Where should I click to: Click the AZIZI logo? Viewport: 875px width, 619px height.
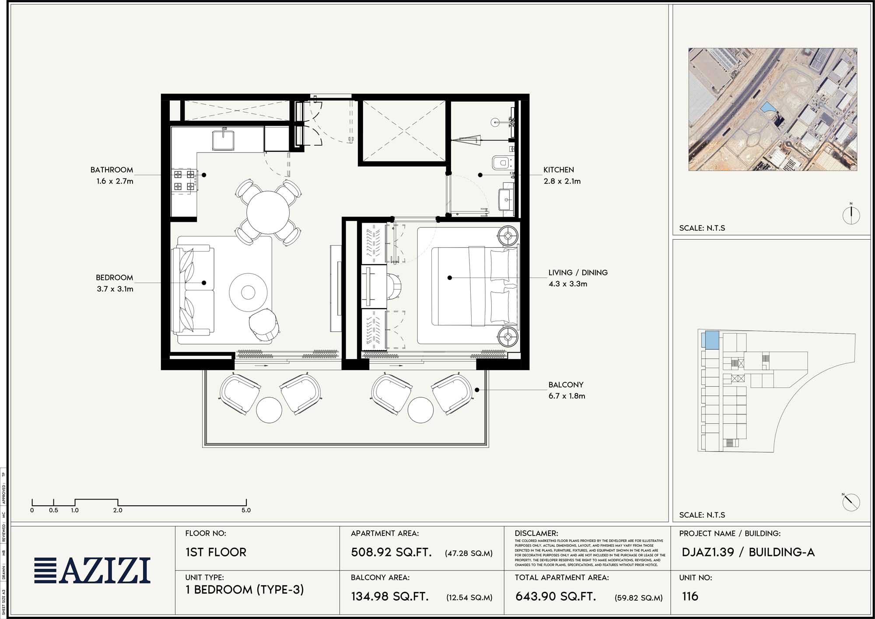coord(92,570)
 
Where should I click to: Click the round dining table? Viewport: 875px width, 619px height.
coord(268,213)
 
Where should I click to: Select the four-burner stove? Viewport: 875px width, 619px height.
coord(184,180)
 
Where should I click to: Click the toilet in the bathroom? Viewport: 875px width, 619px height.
coord(501,163)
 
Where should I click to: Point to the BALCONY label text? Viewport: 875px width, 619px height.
coord(566,385)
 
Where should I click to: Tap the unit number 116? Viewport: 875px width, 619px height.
coord(690,596)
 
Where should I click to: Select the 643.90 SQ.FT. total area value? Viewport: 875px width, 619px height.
coord(556,596)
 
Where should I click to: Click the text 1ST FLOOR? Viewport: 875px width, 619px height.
coord(216,552)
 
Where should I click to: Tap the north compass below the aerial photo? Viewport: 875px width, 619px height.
coord(851,215)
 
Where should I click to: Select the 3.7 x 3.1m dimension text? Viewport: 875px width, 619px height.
coord(115,289)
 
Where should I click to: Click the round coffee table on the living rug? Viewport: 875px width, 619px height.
coord(248,292)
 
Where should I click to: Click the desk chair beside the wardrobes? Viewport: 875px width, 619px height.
coord(394,286)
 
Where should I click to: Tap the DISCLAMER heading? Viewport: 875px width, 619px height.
coord(536,533)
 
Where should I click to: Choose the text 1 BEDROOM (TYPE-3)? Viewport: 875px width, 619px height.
coord(244,590)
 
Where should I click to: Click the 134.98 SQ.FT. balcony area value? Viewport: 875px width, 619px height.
coord(390,596)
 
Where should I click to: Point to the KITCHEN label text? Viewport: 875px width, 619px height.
coord(558,170)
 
